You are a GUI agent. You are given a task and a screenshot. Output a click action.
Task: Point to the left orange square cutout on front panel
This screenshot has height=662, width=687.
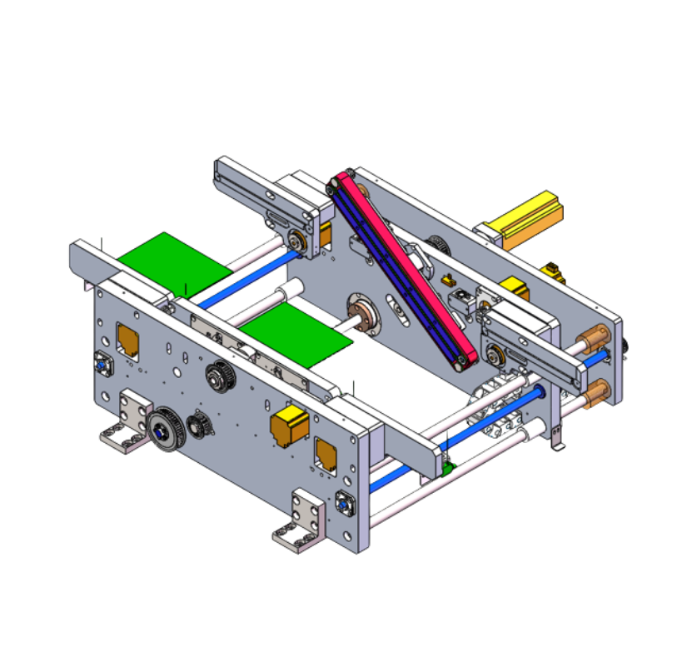127,338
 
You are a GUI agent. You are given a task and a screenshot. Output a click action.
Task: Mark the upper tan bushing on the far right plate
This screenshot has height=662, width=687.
594,341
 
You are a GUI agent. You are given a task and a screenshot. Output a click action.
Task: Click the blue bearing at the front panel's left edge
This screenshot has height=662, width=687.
100,363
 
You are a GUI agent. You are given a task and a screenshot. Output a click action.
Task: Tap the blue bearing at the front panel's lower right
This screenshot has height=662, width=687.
343,503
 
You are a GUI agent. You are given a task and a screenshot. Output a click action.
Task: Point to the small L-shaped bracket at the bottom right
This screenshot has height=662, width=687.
557,440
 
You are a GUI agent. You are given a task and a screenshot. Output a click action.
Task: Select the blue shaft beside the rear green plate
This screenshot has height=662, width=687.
250,276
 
